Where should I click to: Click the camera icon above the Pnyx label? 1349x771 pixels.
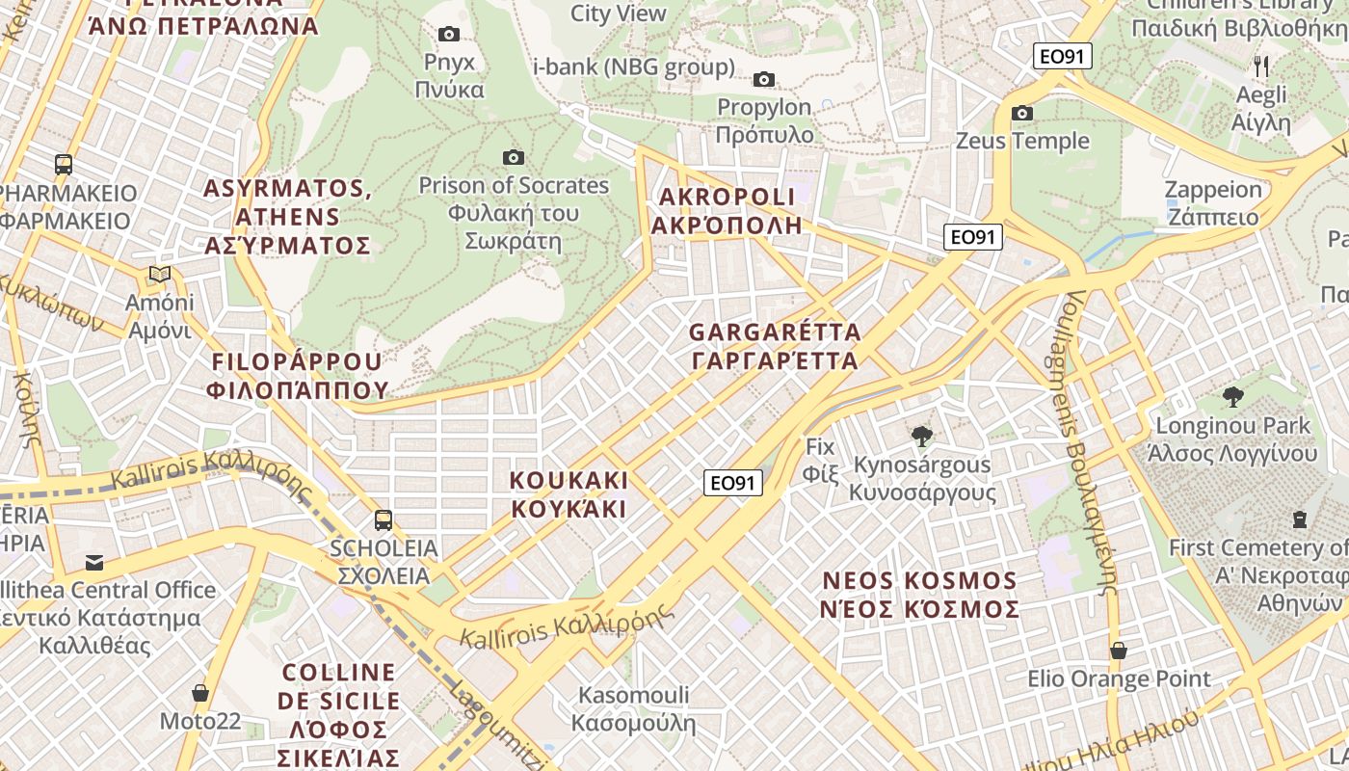449,35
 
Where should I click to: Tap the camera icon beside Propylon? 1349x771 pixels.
764,79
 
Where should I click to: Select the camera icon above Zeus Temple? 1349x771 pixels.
1022,114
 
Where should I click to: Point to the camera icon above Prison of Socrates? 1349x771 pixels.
514,157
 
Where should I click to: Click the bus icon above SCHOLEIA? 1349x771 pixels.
383,520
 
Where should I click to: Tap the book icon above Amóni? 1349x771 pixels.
160,275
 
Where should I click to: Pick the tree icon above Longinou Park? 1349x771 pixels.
1232,396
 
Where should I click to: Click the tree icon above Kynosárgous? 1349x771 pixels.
922,437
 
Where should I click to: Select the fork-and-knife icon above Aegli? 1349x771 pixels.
1261,66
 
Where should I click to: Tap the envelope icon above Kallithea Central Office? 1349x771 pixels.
94,562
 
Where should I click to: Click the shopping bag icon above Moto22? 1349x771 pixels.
200,693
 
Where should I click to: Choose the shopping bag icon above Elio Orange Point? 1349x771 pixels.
1118,651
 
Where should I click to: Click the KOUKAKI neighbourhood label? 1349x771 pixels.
569,494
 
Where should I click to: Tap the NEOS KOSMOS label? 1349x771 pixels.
920,596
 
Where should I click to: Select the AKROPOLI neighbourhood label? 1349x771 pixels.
727,211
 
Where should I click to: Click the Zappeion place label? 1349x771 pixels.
1213,202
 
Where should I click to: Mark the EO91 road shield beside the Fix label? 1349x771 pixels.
733,483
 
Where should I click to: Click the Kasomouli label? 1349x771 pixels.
633,708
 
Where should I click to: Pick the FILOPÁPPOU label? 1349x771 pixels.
297,376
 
